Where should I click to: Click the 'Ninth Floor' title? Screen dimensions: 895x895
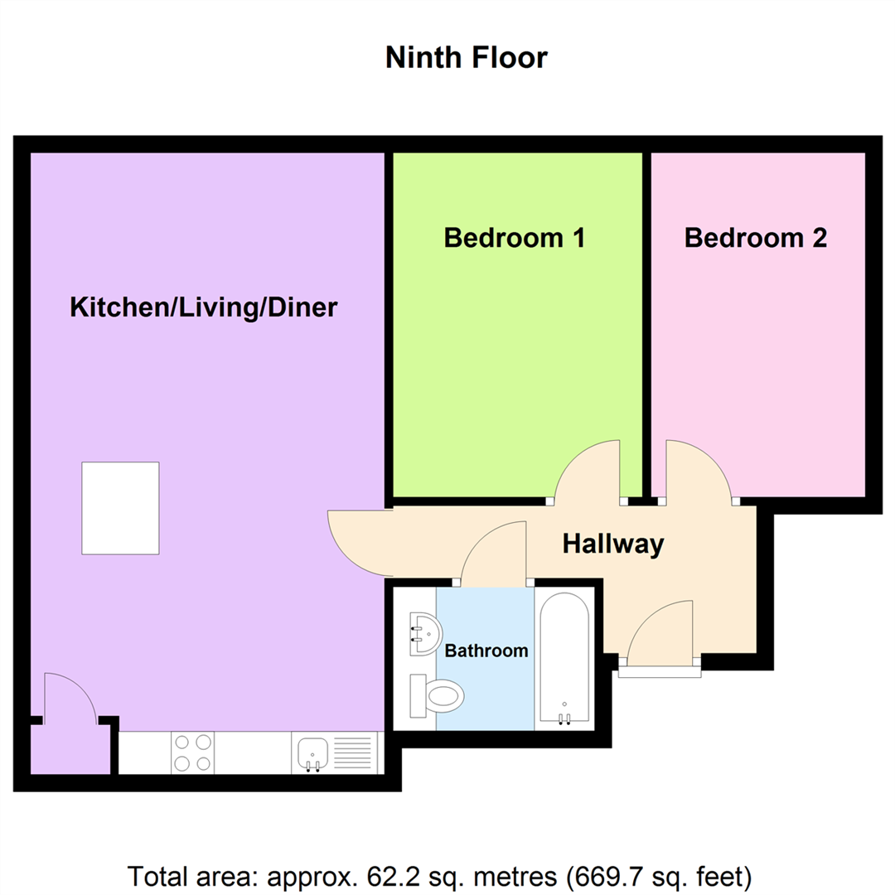(467, 58)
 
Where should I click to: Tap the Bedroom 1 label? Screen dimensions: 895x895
(515, 238)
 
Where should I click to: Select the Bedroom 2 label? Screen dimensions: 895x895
(755, 238)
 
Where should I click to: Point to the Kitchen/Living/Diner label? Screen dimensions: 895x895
(203, 307)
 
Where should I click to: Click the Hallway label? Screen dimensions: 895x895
(613, 544)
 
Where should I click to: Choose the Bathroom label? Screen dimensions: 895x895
(486, 651)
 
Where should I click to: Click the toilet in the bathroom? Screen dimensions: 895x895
(437, 695)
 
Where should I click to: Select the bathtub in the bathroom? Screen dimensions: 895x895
(564, 660)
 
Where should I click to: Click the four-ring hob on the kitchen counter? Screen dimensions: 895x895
(192, 752)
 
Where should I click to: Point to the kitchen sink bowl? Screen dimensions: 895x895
(312, 753)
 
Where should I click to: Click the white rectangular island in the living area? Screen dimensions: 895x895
(120, 508)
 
